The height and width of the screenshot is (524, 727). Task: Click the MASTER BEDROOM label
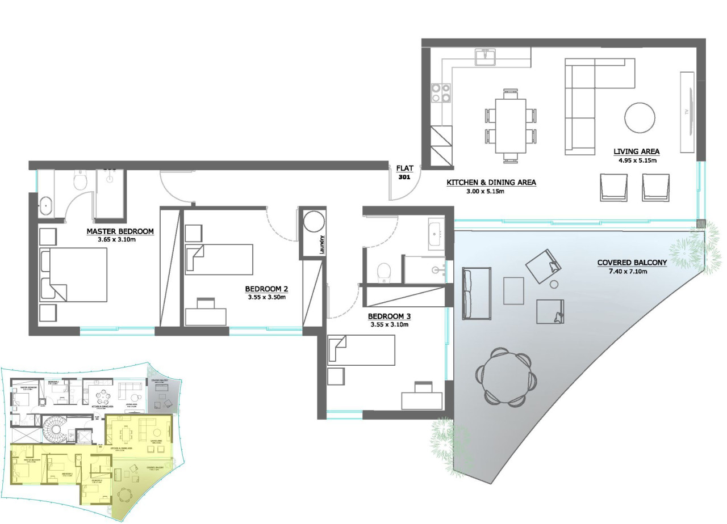[120, 231]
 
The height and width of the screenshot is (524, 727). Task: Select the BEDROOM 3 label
[388, 316]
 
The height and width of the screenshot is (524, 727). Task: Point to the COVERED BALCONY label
[632, 263]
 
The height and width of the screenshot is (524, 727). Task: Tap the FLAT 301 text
[404, 172]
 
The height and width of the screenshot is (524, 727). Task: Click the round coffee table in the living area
[642, 117]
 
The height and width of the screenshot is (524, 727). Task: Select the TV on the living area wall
[687, 112]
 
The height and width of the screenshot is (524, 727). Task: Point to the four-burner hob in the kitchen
[441, 92]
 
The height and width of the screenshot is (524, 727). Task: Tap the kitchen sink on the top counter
[486, 56]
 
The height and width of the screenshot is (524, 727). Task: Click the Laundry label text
[321, 246]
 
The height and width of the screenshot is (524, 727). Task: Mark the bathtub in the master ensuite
[45, 205]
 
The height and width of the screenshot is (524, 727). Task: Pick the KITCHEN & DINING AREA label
[491, 183]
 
